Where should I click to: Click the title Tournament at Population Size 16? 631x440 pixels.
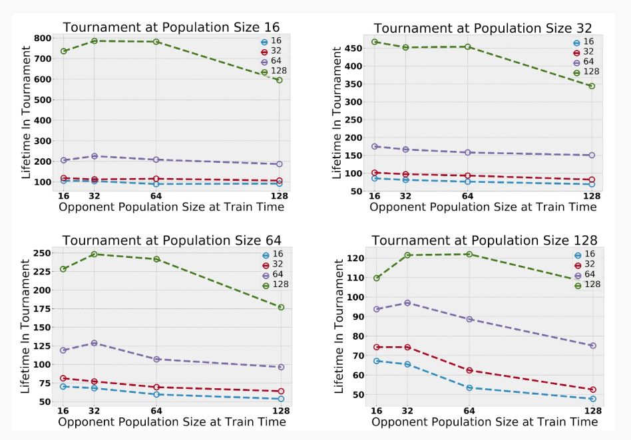tap(172, 27)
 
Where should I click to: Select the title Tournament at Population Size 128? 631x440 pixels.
tap(484, 240)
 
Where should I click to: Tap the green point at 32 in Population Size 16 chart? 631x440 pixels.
tap(94, 41)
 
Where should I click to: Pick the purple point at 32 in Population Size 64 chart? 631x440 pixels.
tap(94, 343)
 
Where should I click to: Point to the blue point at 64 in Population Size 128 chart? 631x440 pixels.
tap(469, 387)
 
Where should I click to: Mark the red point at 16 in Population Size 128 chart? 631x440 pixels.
tap(376, 347)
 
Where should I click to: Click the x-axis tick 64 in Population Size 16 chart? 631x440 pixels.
tap(156, 196)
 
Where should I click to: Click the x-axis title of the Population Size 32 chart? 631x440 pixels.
tap(483, 207)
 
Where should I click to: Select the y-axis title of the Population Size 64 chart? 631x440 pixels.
tap(26, 326)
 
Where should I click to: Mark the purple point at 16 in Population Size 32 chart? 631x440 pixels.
tap(375, 146)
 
